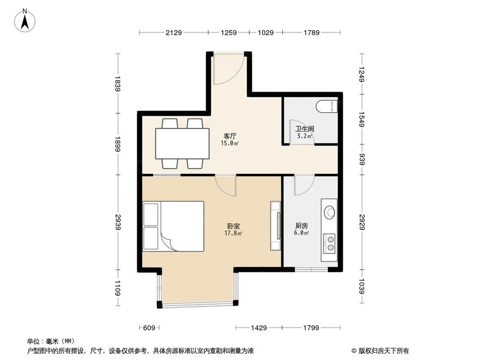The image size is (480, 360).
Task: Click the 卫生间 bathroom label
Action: pyautogui.click(x=304, y=129)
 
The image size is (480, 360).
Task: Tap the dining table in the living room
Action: pyautogui.click(x=182, y=144)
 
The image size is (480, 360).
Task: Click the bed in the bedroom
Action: pyautogui.click(x=174, y=226)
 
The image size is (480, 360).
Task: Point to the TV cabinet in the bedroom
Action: pyautogui.click(x=276, y=226)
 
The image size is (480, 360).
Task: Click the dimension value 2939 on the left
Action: pyautogui.click(x=118, y=223)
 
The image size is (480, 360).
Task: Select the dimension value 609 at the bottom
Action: pyautogui.click(x=149, y=328)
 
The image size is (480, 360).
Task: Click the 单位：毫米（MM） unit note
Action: pyautogui.click(x=51, y=341)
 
